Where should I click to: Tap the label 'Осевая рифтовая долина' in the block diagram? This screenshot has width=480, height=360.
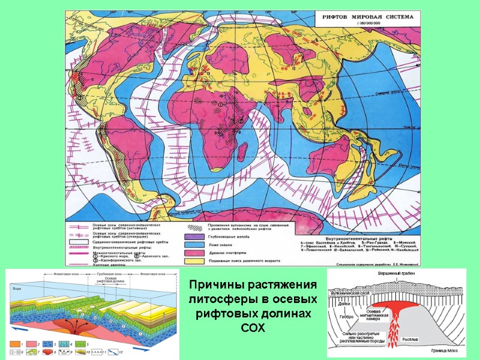(110, 282)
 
